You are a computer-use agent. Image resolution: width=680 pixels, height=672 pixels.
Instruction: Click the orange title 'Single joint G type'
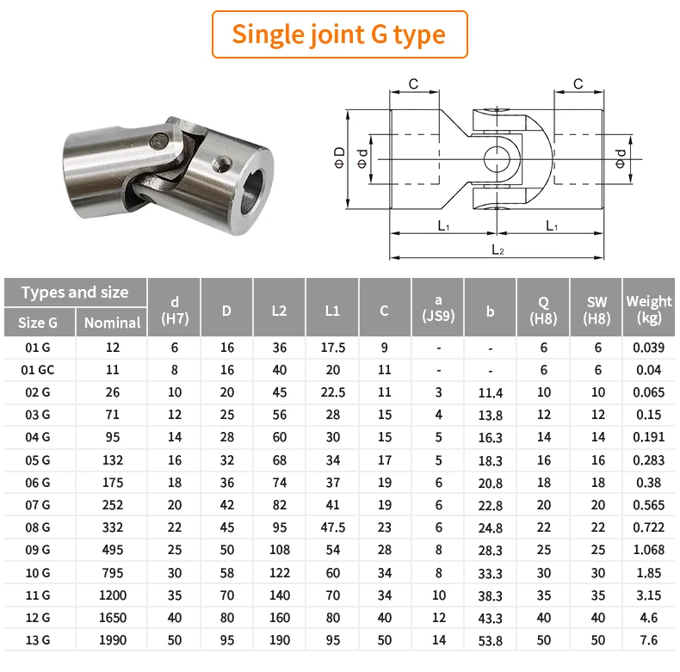[x=338, y=34]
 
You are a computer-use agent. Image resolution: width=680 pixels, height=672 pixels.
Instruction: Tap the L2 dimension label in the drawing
[x=498, y=250]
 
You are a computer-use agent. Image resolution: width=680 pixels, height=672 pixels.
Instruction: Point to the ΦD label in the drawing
[x=339, y=157]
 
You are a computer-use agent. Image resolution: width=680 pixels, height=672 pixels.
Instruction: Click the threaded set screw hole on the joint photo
[x=221, y=163]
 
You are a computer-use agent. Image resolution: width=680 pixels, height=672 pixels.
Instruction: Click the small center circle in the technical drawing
[x=497, y=159]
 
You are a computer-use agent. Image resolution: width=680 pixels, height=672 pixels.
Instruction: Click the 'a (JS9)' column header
[x=438, y=308]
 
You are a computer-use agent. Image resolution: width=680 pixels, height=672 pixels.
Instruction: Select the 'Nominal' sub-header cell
[x=112, y=323]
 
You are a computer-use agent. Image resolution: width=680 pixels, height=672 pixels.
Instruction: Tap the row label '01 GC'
[x=38, y=370]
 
